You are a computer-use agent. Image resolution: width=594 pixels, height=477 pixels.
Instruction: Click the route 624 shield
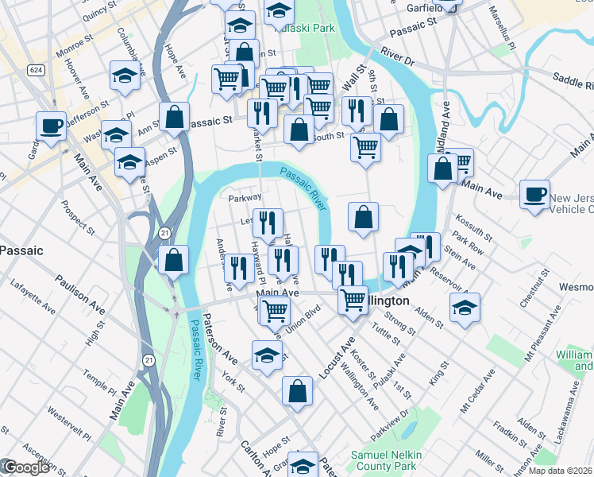point(35,70)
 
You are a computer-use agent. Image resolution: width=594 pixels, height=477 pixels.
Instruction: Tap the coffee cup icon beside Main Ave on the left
point(52,126)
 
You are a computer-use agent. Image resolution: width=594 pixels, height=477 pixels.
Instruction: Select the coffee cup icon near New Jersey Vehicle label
point(535,193)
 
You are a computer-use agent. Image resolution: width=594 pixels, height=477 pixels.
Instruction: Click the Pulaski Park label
point(306,28)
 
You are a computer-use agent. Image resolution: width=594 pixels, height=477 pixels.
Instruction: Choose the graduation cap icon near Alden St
point(465,307)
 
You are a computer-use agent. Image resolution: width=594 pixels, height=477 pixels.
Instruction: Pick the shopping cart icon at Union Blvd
point(275,311)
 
